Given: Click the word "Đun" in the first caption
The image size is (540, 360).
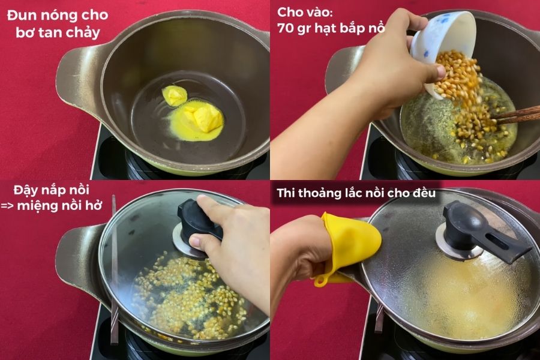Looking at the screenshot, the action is coord(20,15).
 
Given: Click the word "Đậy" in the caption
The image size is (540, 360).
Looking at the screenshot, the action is coord(25,190).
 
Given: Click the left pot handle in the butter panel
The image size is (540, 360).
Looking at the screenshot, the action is coord(74,74).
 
